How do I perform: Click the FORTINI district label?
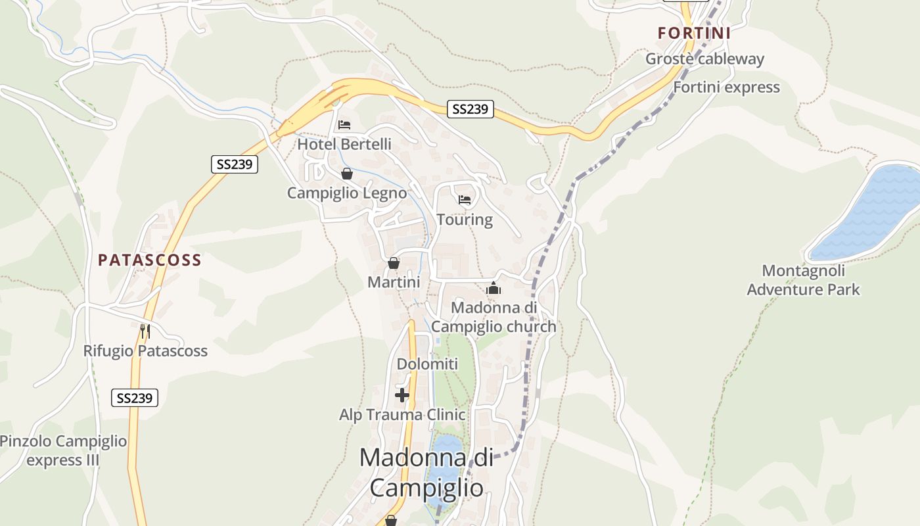[694, 33]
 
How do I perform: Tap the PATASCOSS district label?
[150, 260]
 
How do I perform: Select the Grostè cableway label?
[704, 59]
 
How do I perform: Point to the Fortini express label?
[726, 87]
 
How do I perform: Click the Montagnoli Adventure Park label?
[803, 279]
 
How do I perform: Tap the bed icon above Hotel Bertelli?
[344, 125]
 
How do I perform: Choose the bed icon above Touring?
[465, 200]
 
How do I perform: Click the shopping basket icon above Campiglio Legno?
[346, 174]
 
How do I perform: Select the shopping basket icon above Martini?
[393, 263]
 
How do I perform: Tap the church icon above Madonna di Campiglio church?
[494, 288]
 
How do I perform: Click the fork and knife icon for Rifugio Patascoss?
[145, 331]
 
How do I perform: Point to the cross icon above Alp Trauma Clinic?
[402, 394]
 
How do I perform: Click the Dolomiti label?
[427, 364]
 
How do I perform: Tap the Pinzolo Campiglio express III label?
[63, 450]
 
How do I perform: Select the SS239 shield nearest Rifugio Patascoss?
[135, 397]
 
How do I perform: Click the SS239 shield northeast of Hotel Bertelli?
[471, 109]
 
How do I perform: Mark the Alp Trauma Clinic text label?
[402, 415]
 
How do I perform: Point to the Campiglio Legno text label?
[347, 193]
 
